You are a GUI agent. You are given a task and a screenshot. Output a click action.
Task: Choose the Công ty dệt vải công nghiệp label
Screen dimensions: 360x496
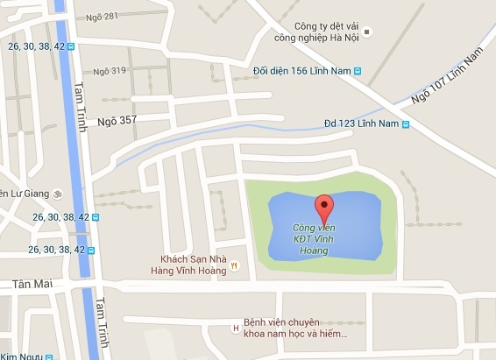point(315,32)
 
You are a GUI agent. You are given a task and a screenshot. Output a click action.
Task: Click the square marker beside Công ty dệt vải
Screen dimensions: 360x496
point(368,32)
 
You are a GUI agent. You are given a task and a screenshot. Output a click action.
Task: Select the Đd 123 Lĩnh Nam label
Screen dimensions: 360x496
point(361,124)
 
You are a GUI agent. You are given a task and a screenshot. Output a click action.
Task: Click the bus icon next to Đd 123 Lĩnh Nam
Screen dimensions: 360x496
point(407,124)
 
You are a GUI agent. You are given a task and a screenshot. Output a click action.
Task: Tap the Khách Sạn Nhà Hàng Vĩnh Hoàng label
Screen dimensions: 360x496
point(194,264)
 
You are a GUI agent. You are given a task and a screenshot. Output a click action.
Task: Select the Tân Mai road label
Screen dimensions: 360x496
point(32,285)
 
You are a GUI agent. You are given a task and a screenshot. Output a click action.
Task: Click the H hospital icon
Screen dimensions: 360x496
point(235,328)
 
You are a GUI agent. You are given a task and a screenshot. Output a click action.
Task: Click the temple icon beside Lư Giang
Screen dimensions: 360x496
point(57,194)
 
